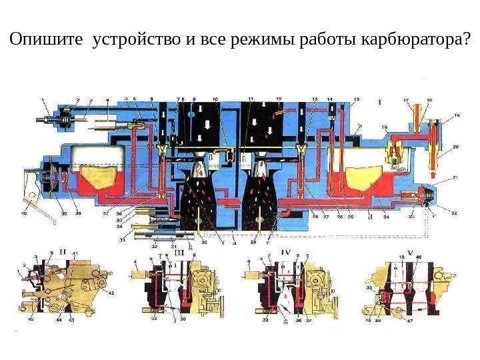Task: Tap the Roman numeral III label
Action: (x=179, y=253)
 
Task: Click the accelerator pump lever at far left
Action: (x=30, y=193)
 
